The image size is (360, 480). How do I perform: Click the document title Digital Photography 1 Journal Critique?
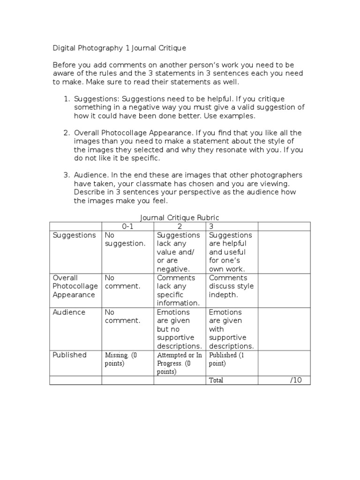pos(119,48)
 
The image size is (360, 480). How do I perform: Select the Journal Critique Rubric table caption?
pos(180,218)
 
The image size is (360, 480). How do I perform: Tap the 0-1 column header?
pos(128,226)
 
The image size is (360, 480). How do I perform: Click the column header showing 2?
pos(180,226)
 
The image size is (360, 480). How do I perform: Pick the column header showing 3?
pos(211,226)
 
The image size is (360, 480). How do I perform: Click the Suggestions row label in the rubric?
pos(74,235)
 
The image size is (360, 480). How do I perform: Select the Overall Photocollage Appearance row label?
pos(75,286)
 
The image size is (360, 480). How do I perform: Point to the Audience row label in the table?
pos(69,312)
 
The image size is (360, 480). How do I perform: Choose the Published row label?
pos(69,355)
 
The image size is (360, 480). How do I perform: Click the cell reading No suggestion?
pos(125,240)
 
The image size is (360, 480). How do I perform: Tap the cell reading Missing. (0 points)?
pos(121,359)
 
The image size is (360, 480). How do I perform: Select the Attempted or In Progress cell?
pos(180,363)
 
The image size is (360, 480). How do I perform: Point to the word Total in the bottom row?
pos(216,380)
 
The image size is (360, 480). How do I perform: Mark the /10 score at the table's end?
pos(296,380)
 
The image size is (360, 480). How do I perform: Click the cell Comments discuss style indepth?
pos(231,286)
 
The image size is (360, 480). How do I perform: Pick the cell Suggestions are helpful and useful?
pos(231,252)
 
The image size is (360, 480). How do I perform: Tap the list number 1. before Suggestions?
pos(67,99)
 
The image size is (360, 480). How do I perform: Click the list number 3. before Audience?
pos(67,175)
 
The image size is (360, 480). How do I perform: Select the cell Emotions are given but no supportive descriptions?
pos(180,329)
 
